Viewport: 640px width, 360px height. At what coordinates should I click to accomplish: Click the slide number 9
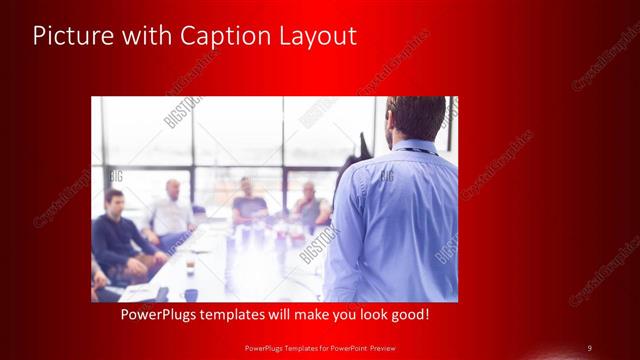click(x=589, y=348)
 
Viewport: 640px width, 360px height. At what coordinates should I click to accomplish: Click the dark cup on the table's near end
click(x=190, y=294)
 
